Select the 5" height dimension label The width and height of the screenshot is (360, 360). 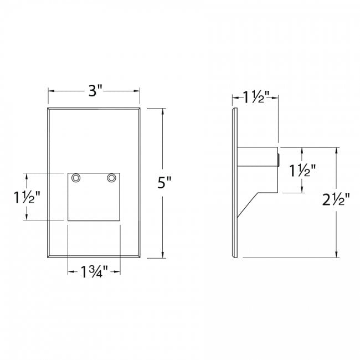pyautogui.click(x=164, y=183)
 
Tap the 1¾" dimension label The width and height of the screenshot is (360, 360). pyautogui.click(x=94, y=271)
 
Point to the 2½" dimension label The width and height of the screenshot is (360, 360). pyautogui.click(x=336, y=199)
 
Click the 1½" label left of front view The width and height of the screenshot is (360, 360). pyautogui.click(x=27, y=198)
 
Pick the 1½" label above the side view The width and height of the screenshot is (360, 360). pyautogui.click(x=256, y=97)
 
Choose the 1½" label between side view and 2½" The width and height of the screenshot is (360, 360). pyautogui.click(x=302, y=171)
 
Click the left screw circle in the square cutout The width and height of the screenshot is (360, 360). pyautogui.click(x=76, y=178)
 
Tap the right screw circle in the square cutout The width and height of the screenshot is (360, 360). pyautogui.click(x=111, y=178)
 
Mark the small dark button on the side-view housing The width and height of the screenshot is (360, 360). pyautogui.click(x=279, y=160)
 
